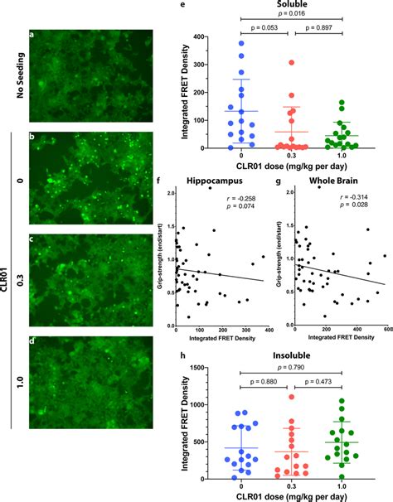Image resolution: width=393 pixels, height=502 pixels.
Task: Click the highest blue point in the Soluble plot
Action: [x=220, y=43]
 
